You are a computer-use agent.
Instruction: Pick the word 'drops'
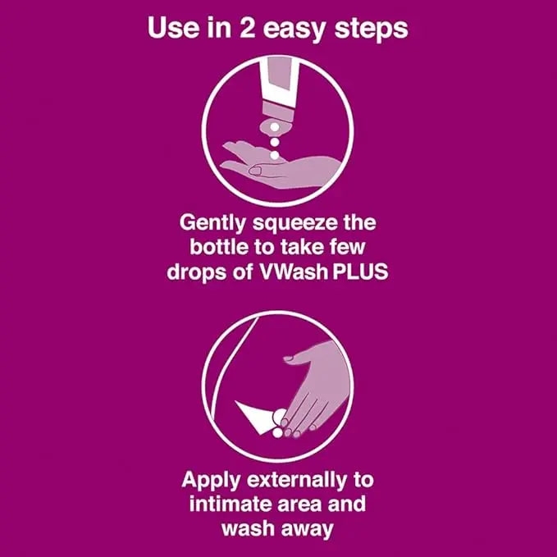pos(199,272)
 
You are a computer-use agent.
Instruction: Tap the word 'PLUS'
pos(361,272)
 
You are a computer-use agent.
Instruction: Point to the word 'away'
pos(308,528)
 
